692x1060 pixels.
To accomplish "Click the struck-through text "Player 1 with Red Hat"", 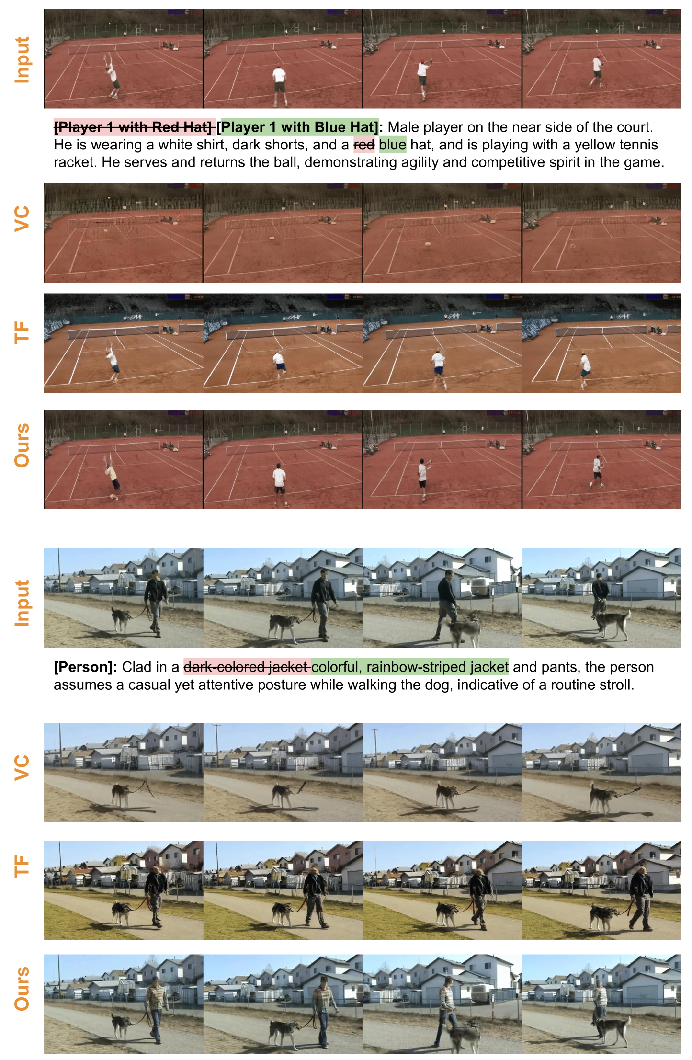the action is click(135, 127).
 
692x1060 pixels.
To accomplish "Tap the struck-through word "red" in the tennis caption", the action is click(364, 145).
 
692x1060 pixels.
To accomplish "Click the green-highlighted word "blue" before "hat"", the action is click(392, 145).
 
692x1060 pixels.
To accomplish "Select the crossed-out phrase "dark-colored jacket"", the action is click(247, 667).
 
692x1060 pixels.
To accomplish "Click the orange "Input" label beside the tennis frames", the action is click(22, 60).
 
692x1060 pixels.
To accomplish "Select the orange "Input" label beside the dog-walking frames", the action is click(22, 604).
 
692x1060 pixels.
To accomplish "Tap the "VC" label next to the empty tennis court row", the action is click(22, 219).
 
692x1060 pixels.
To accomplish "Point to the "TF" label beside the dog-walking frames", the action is click(22, 866).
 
